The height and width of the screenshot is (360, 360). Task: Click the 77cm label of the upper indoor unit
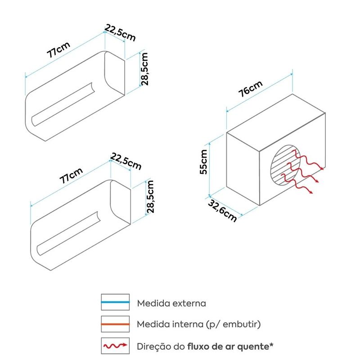tap(58, 50)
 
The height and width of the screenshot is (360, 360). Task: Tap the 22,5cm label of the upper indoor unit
tap(120, 33)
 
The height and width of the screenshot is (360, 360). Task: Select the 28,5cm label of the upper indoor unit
tap(144, 69)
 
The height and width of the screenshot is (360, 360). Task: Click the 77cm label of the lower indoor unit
tap(71, 175)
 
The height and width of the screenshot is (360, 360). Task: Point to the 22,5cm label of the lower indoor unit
tap(126, 162)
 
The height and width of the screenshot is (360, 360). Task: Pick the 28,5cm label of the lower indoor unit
tap(150, 197)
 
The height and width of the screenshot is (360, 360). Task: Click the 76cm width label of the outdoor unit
tap(250, 89)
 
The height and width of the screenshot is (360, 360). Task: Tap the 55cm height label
tap(203, 162)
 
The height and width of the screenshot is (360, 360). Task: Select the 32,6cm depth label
tap(222, 211)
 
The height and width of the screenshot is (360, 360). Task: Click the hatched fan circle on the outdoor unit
tap(285, 164)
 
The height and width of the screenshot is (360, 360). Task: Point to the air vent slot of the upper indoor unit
tap(63, 104)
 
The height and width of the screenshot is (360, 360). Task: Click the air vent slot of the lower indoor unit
tap(68, 233)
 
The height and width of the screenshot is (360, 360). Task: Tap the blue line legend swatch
tap(115, 302)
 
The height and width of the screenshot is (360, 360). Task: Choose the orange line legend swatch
tap(115, 324)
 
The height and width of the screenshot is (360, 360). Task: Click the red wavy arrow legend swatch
tap(115, 346)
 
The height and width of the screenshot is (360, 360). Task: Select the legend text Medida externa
tap(171, 303)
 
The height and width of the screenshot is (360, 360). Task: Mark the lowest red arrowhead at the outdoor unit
tap(310, 192)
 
